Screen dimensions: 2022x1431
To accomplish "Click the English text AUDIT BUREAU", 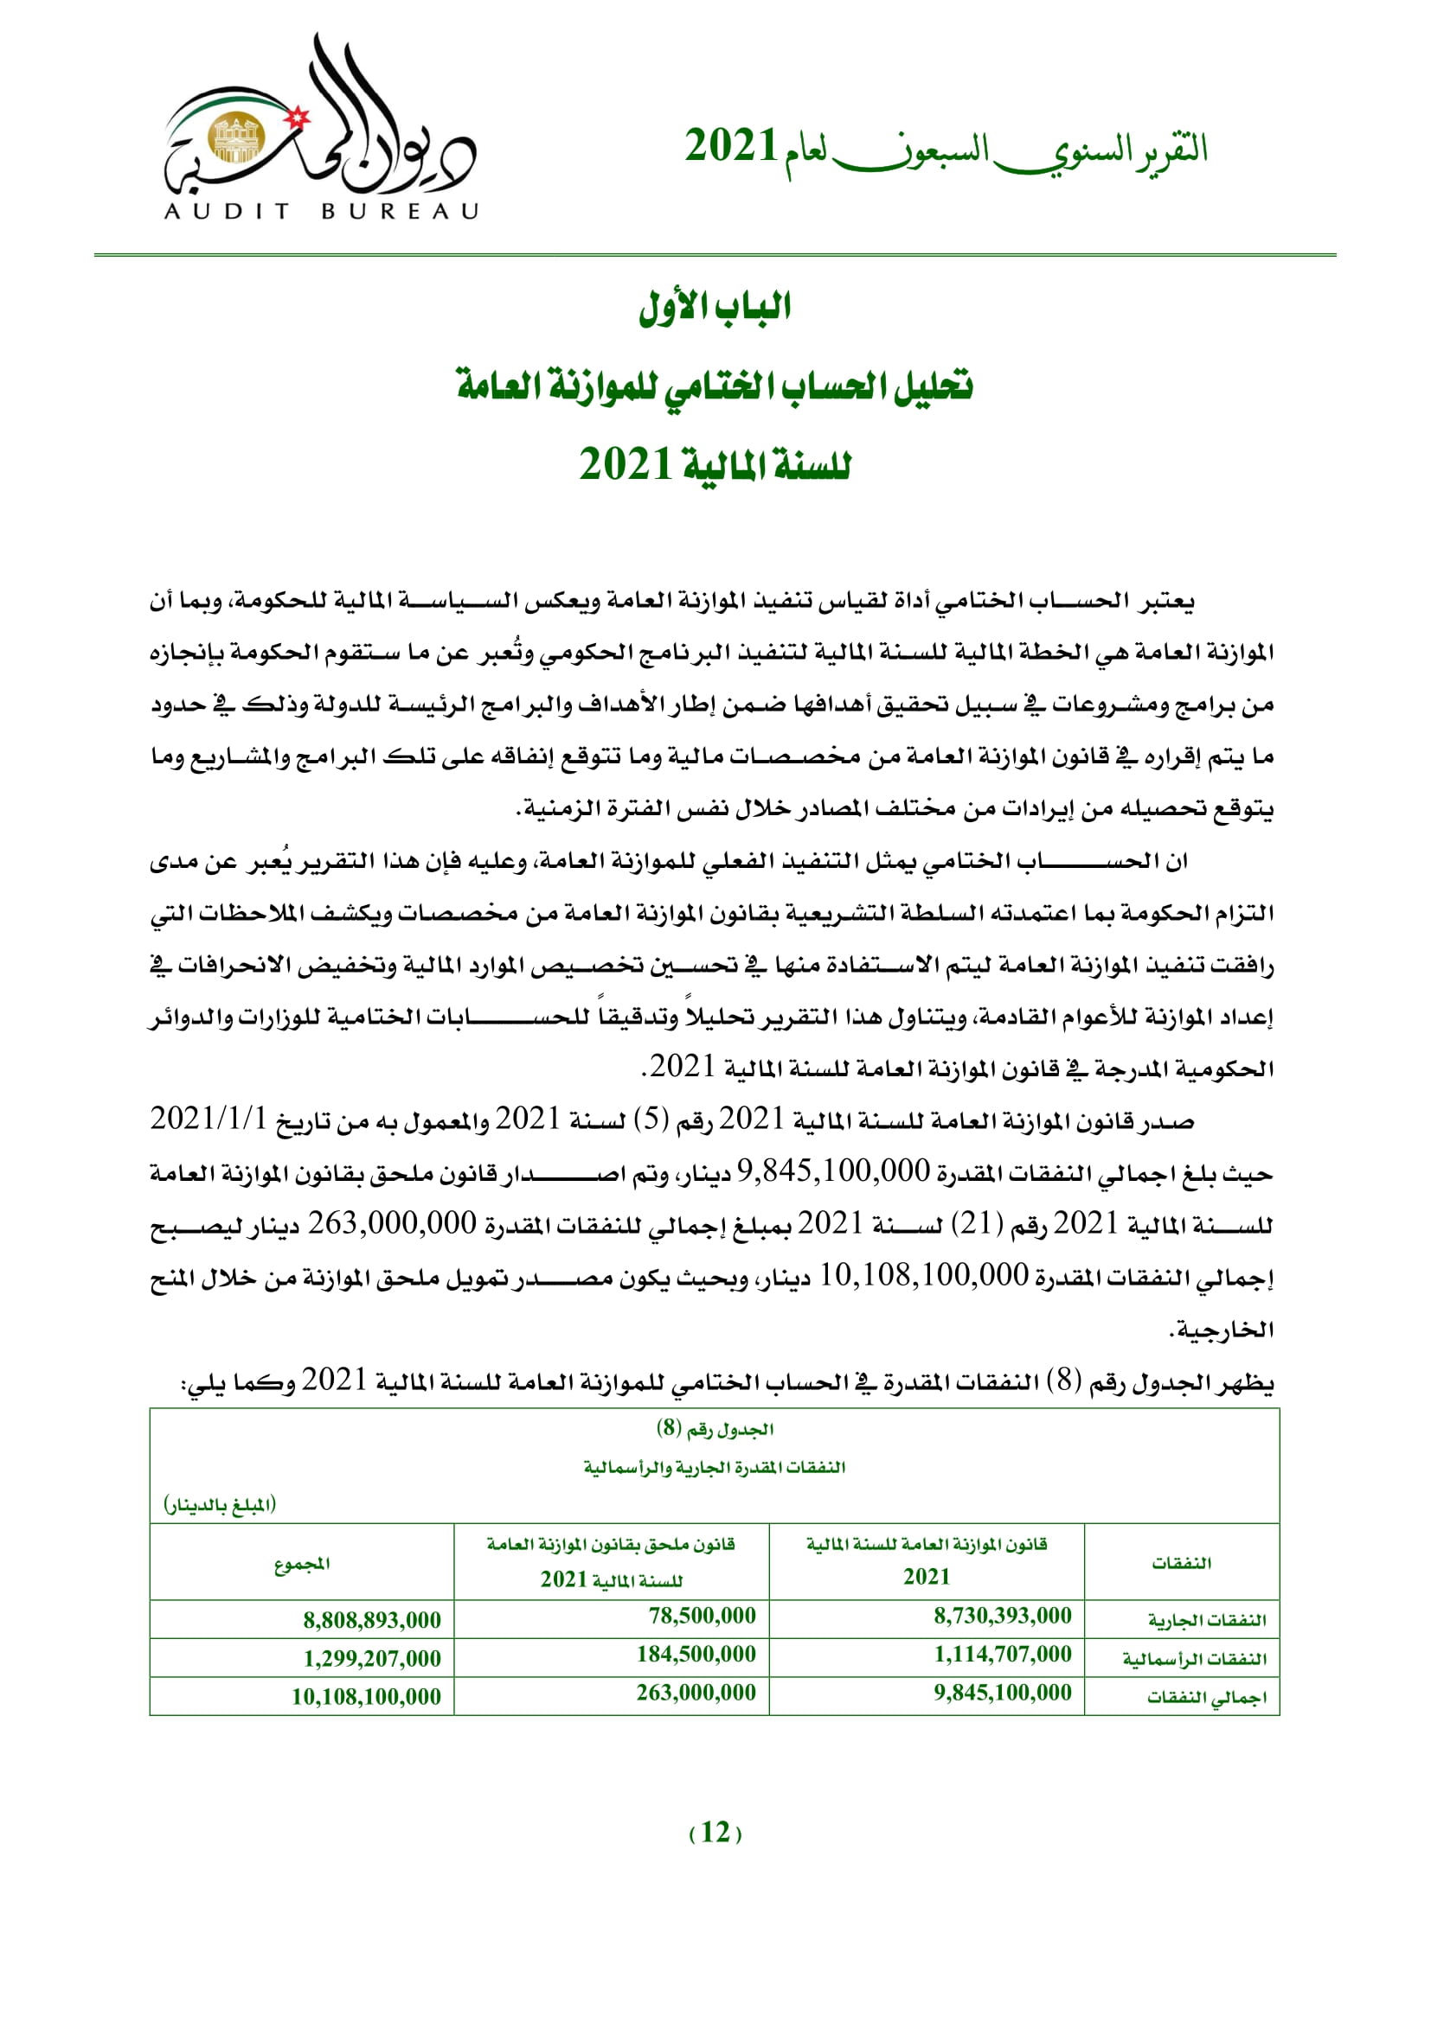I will tap(321, 211).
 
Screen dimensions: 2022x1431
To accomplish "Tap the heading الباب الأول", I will tap(715, 308).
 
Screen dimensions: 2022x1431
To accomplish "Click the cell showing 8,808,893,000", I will tap(372, 1619).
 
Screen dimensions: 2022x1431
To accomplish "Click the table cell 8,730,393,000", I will tap(1002, 1616).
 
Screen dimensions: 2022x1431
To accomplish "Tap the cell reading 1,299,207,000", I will tap(372, 1658).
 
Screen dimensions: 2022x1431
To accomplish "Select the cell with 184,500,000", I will tap(696, 1655).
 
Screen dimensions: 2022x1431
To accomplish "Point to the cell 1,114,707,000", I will tap(1002, 1655).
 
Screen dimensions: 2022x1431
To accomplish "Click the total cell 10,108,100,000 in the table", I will tap(366, 1697).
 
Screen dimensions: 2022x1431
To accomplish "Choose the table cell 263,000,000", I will tap(696, 1693).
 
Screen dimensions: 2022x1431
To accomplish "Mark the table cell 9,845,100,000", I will tap(1002, 1693).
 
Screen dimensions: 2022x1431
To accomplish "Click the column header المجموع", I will tap(301, 1564).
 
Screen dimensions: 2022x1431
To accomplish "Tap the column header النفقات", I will tap(1181, 1563).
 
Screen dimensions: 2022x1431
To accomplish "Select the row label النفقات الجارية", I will tap(1206, 1620).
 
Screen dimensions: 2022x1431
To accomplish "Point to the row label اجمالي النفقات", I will tap(1206, 1697).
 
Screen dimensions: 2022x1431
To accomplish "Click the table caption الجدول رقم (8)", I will tap(715, 1428).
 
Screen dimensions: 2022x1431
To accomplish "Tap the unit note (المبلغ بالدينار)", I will tap(220, 1504).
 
